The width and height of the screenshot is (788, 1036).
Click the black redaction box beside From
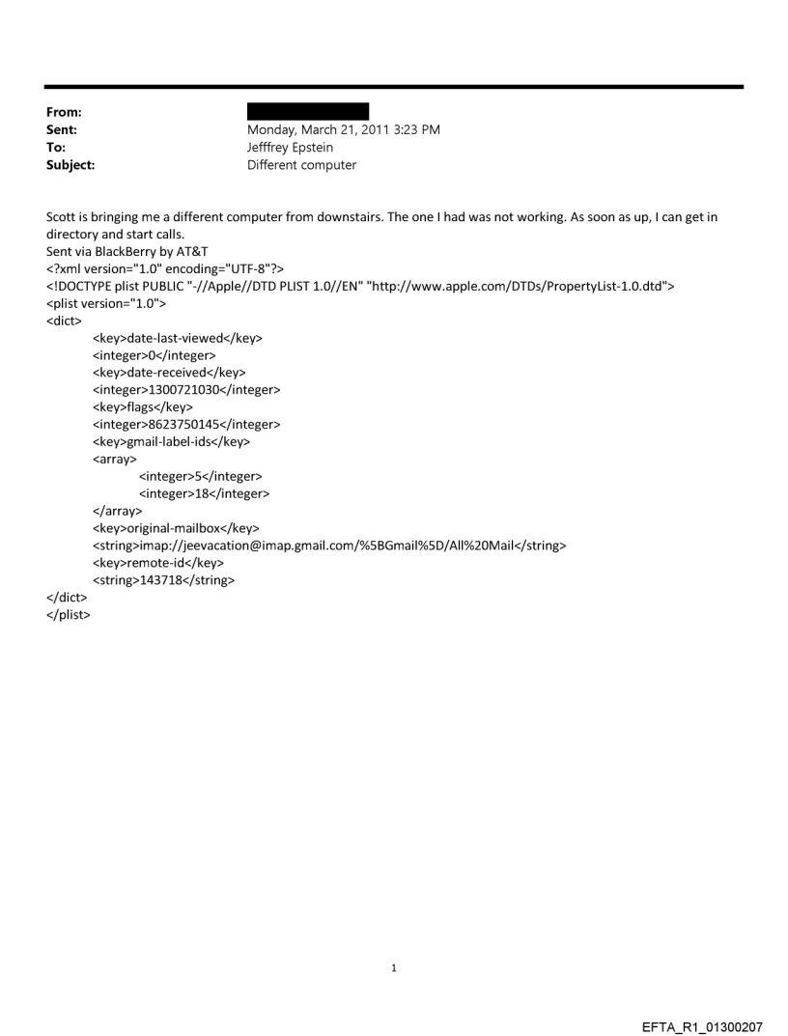(308, 112)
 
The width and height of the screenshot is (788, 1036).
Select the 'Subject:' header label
(71, 165)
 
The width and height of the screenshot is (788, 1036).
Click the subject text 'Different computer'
(301, 165)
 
